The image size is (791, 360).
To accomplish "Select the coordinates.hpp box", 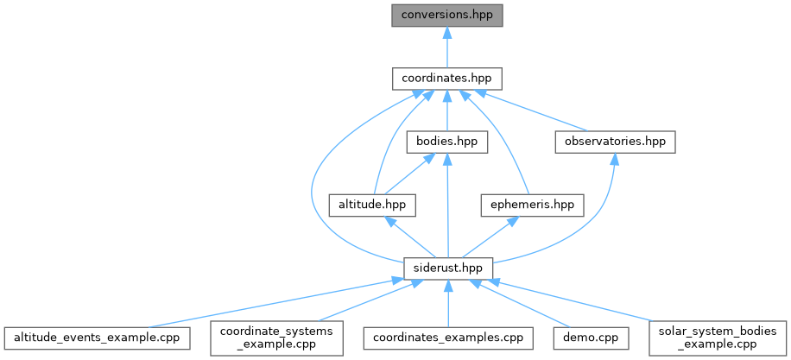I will tap(446, 78).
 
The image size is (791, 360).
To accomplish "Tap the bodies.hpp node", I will tap(446, 141).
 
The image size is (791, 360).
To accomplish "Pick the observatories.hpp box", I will tap(614, 141).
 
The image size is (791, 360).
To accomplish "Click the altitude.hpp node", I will tap(373, 205).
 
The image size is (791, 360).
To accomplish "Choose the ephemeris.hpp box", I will tap(532, 205).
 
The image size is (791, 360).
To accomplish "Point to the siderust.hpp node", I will tap(446, 268).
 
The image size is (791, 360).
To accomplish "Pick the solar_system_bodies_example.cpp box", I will tap(711, 337).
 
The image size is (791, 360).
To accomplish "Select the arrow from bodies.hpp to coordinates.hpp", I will tap(446, 110).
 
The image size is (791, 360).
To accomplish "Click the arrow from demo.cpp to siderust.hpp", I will tap(522, 305).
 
